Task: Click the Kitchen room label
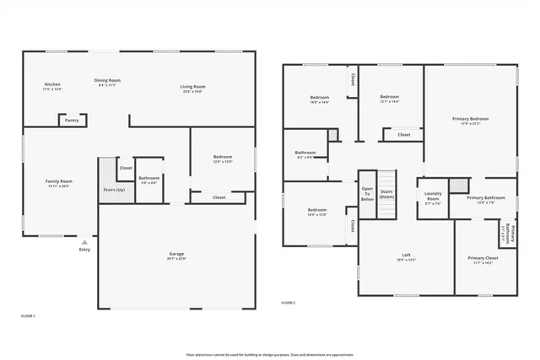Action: tap(52, 84)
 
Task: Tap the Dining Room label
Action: tap(107, 81)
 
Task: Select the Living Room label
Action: tap(193, 86)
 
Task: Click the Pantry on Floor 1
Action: tap(72, 121)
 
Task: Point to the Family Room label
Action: tap(59, 181)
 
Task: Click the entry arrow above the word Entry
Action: tap(84, 241)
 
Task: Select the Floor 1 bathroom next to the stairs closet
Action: tap(149, 178)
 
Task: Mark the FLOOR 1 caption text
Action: tap(28, 315)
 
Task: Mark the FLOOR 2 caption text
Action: tap(289, 302)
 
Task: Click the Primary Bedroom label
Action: tap(470, 119)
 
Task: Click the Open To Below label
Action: tap(367, 195)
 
